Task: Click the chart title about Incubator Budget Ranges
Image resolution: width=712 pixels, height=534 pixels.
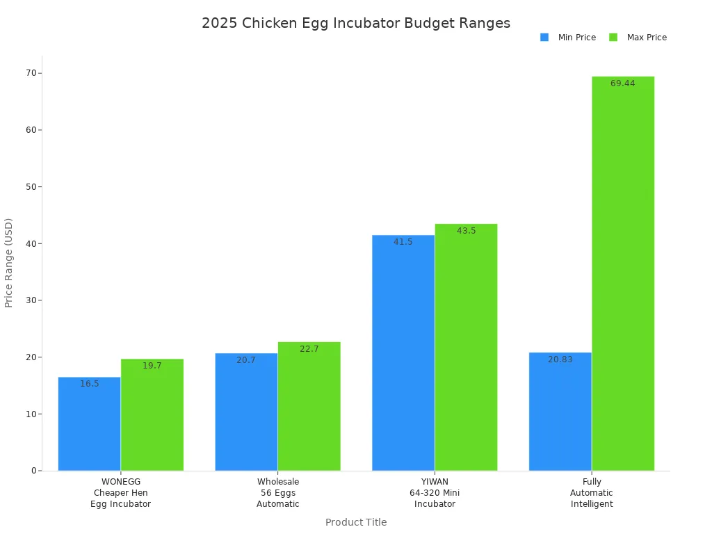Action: point(356,23)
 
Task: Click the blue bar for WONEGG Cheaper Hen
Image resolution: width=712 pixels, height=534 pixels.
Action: point(89,424)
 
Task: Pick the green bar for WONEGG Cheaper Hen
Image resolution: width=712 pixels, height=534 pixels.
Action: point(152,415)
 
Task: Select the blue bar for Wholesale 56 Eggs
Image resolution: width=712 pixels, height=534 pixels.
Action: point(246,412)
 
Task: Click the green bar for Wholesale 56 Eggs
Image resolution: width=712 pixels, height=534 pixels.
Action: point(309,407)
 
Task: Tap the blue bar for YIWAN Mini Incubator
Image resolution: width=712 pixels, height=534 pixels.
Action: point(403,353)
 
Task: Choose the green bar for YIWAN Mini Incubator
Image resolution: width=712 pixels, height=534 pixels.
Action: point(466,348)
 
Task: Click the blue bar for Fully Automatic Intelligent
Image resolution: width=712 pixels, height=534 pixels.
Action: point(560,412)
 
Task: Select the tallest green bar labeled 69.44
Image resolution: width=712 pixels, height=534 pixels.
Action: point(623,274)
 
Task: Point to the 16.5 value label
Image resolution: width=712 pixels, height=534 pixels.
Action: point(89,384)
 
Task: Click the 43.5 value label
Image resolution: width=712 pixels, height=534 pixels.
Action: point(466,231)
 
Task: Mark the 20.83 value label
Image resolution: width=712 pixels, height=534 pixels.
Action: point(560,359)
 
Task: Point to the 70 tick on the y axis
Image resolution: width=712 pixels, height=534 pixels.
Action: point(31,73)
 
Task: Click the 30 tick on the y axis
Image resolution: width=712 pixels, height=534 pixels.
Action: point(31,300)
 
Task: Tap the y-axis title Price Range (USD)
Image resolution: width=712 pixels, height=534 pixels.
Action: point(9,263)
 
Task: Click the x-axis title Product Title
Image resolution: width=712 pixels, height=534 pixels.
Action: point(356,522)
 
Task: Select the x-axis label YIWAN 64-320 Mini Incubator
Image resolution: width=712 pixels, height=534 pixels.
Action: point(435,493)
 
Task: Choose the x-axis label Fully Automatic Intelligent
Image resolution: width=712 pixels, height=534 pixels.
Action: point(592,493)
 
